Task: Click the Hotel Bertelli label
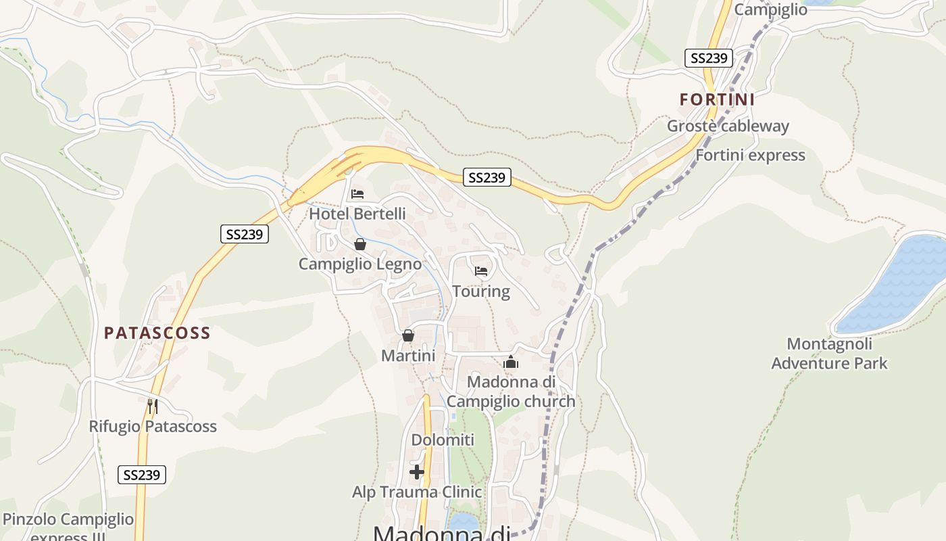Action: [357, 214]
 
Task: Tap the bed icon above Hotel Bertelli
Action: [357, 194]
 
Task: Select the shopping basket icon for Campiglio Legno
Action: [360, 244]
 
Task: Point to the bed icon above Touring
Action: [481, 271]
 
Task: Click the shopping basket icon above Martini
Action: [408, 335]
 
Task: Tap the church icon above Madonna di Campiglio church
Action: [511, 362]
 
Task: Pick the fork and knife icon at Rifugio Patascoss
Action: [153, 406]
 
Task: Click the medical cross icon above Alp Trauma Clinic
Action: [417, 471]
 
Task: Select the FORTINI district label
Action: [717, 99]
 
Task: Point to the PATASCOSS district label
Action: [157, 333]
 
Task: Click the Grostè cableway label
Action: [728, 126]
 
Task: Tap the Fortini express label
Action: [750, 156]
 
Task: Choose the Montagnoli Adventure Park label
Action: [829, 354]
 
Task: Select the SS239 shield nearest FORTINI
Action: [709, 58]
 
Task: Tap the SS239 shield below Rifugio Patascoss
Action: [142, 475]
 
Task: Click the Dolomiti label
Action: [443, 440]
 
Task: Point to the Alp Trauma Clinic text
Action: [417, 492]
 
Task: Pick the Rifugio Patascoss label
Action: [153, 427]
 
